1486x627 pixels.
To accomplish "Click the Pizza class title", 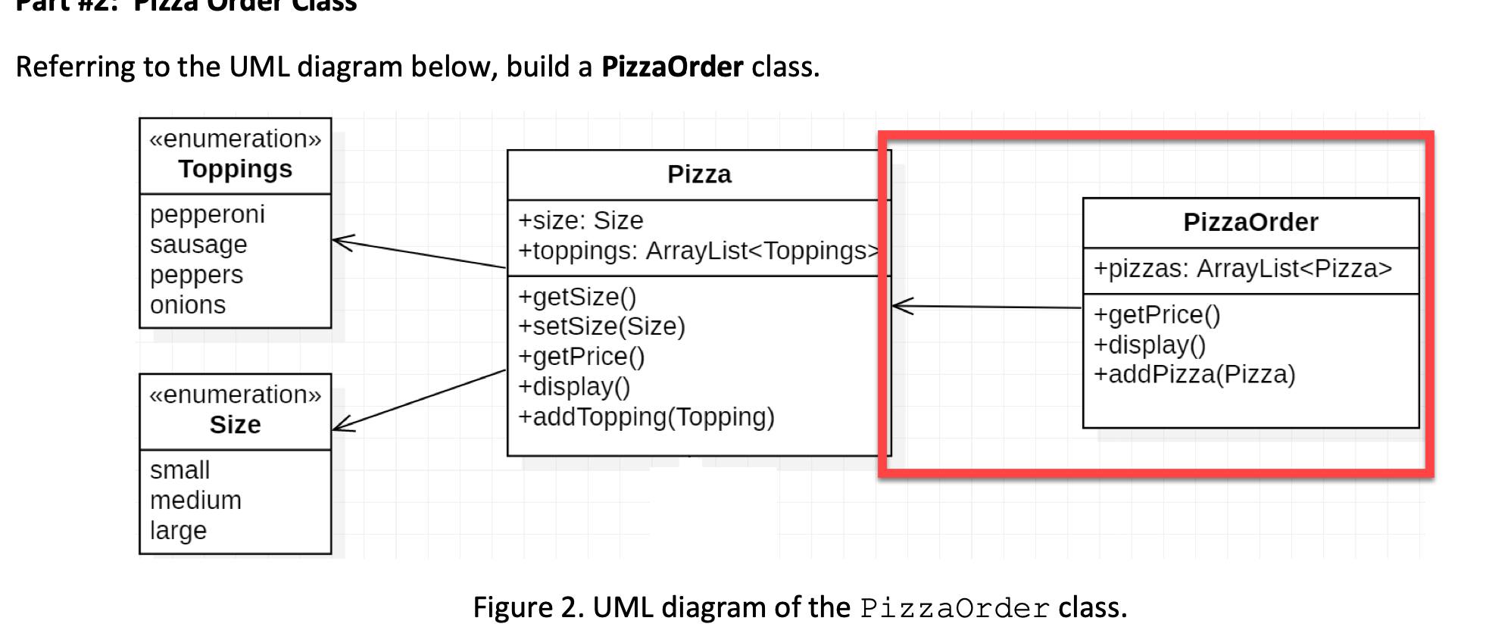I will coord(699,175).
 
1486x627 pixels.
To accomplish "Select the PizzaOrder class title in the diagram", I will coord(1250,223).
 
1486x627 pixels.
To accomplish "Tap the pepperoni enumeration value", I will coord(207,214).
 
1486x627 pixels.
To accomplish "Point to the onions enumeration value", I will coord(188,305).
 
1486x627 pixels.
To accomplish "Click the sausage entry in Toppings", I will coord(198,245).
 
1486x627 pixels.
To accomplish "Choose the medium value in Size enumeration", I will coord(195,501).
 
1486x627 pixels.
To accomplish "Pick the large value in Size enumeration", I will coord(178,531).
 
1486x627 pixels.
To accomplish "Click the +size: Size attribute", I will coord(580,220).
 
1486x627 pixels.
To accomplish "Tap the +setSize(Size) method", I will coord(601,326).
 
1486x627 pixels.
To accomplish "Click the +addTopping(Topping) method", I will coord(646,417).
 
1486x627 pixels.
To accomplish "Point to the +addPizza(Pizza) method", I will coord(1194,374).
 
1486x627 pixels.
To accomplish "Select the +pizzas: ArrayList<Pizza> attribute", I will coord(1242,269).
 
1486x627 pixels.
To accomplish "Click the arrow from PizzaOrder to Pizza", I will coord(985,307).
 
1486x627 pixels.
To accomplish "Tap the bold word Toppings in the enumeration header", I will coord(235,169).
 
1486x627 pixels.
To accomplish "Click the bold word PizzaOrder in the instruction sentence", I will coord(672,67).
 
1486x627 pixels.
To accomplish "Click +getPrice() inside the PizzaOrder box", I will coord(1157,314).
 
